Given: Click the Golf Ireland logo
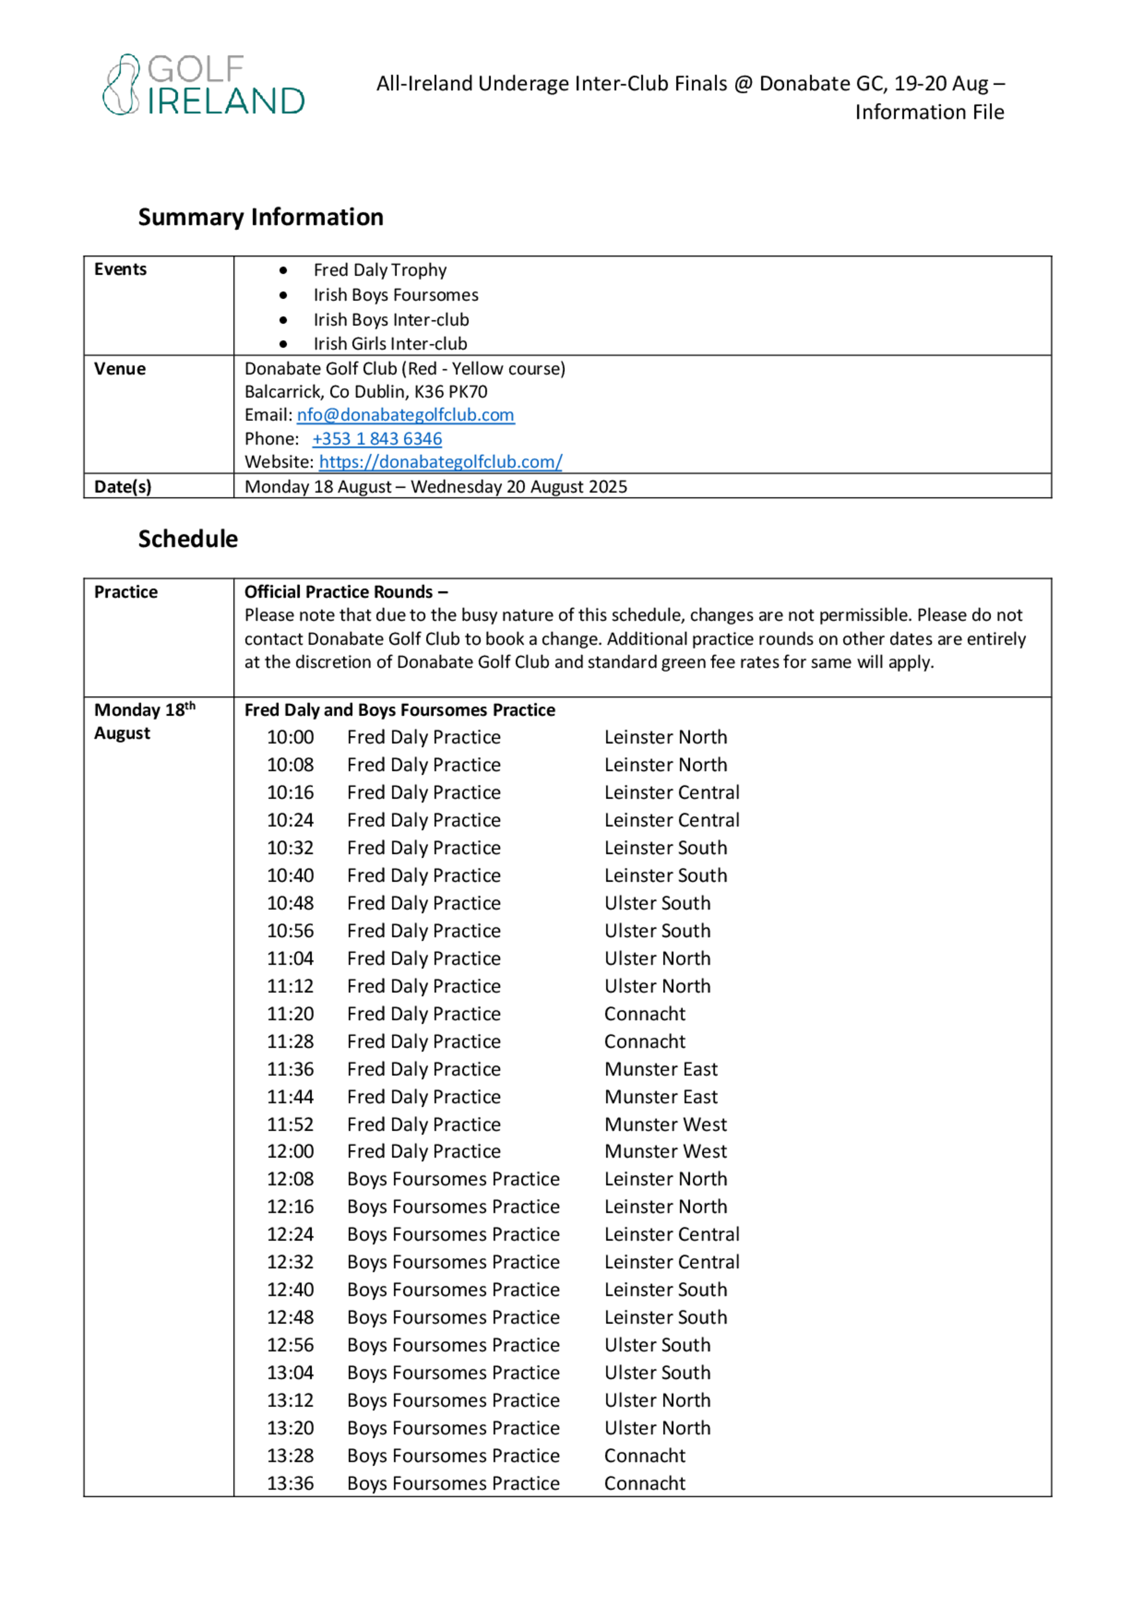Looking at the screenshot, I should [203, 85].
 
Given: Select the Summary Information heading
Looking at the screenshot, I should [260, 217].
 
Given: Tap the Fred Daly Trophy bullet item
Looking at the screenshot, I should [380, 270].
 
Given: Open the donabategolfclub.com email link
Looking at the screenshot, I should [406, 415].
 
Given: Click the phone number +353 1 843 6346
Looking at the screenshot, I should [377, 439].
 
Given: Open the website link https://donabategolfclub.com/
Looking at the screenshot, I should [440, 462].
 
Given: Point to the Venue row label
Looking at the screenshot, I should [120, 368].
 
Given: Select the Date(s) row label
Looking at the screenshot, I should [122, 487].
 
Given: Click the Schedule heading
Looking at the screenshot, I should [188, 539].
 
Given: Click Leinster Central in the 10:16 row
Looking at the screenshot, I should [671, 793].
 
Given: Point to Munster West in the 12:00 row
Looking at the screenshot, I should [665, 1151].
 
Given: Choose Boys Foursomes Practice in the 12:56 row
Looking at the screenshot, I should [452, 1345].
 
